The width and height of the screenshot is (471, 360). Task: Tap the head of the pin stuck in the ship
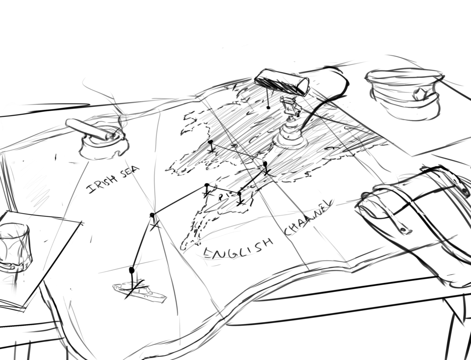(131, 270)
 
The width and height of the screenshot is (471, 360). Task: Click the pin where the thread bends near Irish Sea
(152, 215)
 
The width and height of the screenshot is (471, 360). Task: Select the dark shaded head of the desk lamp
(282, 81)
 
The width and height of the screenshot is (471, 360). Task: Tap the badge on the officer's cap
(419, 94)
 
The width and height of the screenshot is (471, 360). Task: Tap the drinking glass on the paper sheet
(15, 247)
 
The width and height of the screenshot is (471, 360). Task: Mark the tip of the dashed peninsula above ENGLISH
(182, 248)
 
